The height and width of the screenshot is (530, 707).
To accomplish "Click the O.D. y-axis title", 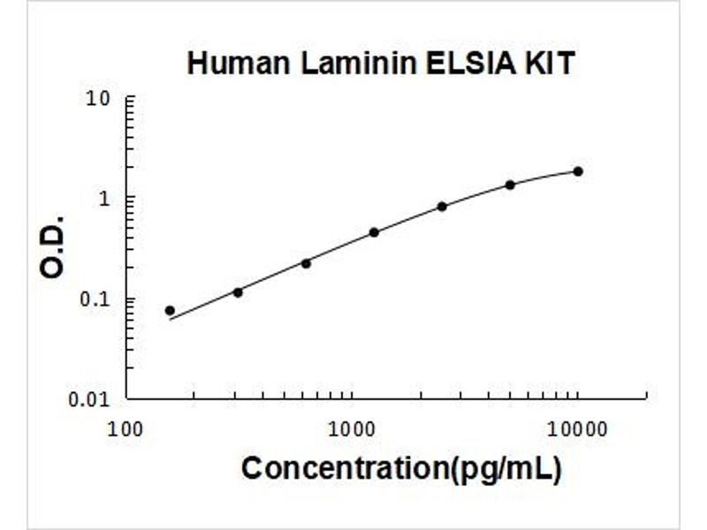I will pos(53,245).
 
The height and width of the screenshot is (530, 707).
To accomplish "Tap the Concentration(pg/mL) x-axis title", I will pos(400,468).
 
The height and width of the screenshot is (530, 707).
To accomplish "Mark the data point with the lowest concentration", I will pos(170,310).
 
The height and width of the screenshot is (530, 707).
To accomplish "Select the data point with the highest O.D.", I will pos(578,170).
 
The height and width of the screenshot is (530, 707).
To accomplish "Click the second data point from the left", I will pos(238,291).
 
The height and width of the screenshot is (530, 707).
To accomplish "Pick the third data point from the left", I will pos(306,263).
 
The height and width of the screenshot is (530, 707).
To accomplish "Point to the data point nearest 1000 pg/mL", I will pos(374,232).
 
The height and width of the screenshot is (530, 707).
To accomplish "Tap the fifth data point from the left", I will pos(442,206).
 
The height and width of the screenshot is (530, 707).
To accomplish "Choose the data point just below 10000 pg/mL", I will pos(510,185).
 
